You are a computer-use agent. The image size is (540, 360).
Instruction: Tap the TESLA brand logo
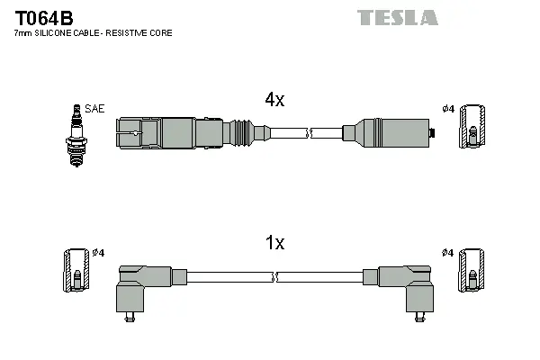click(x=397, y=17)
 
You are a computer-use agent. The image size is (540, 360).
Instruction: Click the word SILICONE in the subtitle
click(x=59, y=33)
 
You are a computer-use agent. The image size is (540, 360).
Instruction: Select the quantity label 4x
click(x=274, y=101)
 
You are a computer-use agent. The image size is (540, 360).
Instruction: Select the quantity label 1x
click(x=274, y=243)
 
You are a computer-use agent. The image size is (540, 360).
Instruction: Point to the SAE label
click(x=96, y=108)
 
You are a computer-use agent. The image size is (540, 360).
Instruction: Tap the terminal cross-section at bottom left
click(x=76, y=270)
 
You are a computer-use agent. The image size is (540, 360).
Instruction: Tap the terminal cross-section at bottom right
click(x=471, y=270)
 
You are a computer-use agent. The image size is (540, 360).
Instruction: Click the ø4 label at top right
click(x=448, y=109)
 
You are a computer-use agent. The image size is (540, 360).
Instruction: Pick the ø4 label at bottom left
click(x=99, y=253)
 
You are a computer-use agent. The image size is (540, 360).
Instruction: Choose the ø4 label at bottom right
click(x=448, y=253)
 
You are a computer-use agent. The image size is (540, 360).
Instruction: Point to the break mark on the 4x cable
click(x=308, y=133)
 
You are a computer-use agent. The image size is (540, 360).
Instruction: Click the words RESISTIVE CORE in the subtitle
click(x=143, y=33)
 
